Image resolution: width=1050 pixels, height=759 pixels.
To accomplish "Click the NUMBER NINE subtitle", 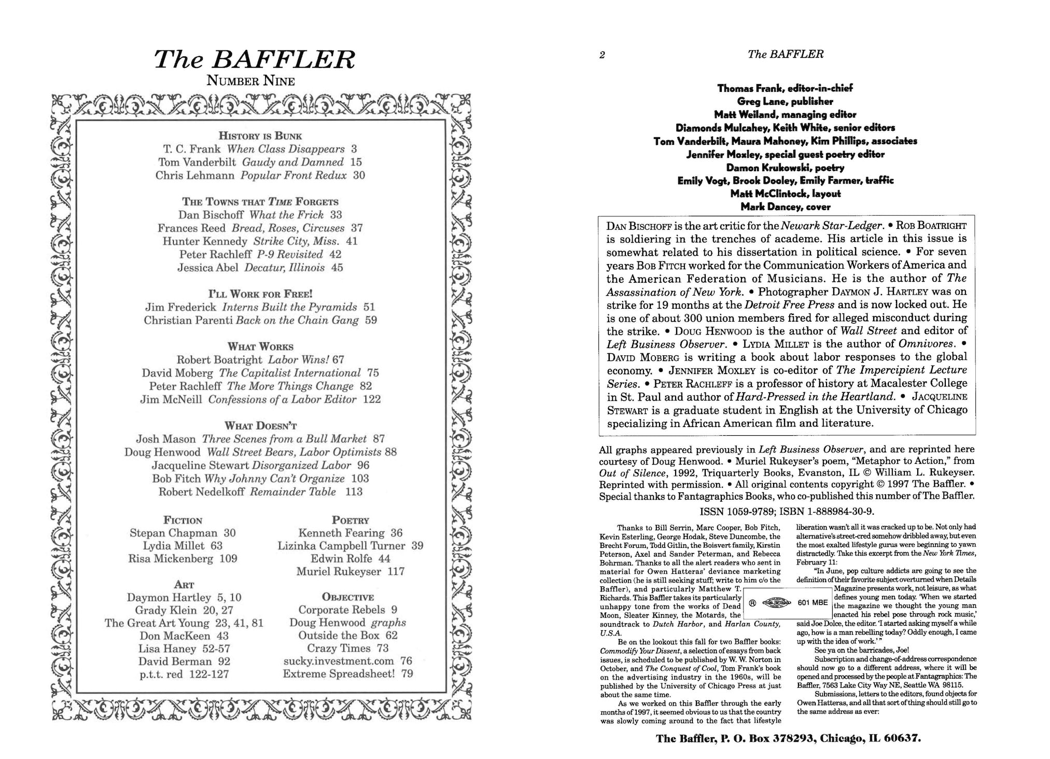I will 250,81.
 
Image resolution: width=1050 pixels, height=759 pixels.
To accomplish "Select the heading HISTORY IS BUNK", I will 260,136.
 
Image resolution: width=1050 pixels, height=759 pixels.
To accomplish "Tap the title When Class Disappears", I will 286,149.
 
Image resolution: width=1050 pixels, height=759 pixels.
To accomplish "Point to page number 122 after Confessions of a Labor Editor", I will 372,399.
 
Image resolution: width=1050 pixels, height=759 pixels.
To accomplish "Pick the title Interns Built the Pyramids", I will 289,307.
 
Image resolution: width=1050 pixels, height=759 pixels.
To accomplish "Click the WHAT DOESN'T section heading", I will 260,426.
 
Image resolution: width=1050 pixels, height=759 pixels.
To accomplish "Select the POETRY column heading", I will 351,520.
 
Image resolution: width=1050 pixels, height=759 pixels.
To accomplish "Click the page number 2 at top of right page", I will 602,56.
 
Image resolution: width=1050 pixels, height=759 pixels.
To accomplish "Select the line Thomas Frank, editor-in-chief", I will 785,88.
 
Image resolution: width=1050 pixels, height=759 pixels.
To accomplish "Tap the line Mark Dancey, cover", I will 785,207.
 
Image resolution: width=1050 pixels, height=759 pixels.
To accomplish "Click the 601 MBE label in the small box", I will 813,602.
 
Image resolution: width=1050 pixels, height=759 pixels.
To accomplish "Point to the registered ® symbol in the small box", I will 751,603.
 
